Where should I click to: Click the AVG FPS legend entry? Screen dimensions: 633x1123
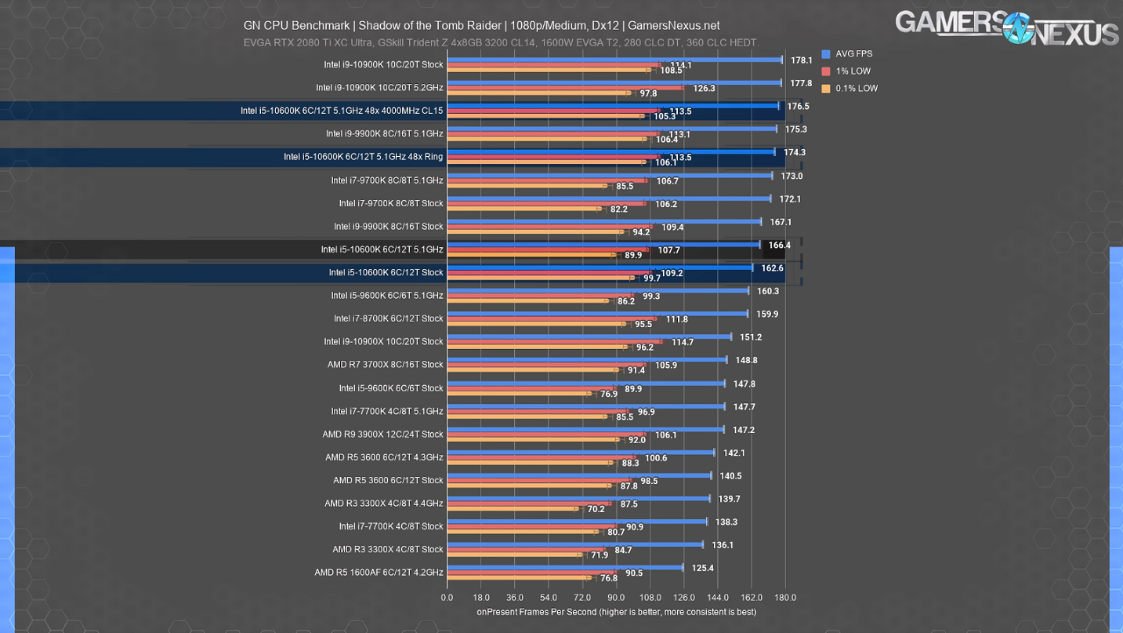coord(853,54)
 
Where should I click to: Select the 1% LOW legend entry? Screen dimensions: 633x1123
coord(852,71)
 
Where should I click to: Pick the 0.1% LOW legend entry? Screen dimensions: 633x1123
coord(856,89)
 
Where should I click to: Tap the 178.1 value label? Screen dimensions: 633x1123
coord(801,60)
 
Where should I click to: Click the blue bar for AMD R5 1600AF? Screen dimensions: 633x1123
coord(564,567)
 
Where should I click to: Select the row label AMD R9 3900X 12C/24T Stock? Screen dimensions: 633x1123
coord(382,434)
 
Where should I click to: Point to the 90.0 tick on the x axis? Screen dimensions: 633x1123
coord(616,598)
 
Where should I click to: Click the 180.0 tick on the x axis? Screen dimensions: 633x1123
coord(785,598)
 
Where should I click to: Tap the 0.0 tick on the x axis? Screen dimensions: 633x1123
coord(447,598)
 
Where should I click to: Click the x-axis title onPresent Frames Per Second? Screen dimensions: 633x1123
coord(616,612)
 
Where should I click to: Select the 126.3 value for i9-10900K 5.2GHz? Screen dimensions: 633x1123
coord(704,89)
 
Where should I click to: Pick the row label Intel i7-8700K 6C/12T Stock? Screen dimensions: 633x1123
coord(388,318)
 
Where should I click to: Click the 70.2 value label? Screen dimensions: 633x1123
coord(596,509)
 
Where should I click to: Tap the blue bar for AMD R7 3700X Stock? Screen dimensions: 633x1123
coord(586,360)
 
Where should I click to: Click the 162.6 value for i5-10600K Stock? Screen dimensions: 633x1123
coord(772,268)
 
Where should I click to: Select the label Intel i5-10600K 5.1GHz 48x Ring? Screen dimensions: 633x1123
coord(363,157)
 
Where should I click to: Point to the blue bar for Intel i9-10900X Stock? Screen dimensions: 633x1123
coord(589,337)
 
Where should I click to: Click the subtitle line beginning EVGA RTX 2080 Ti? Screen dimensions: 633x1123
coord(501,43)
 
